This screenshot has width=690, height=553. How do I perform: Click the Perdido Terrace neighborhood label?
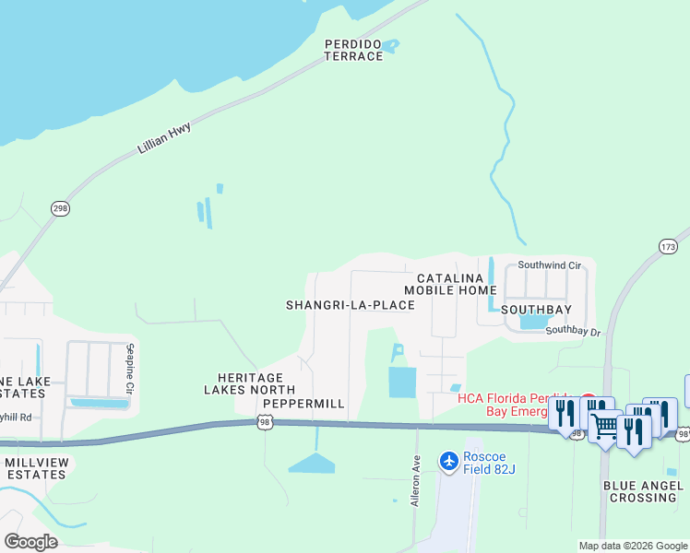pyautogui.click(x=353, y=50)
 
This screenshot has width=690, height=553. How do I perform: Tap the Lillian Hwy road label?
pyautogui.click(x=163, y=137)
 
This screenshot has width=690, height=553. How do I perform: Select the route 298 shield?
pyautogui.click(x=61, y=208)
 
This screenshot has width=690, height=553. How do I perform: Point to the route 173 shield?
pyautogui.click(x=669, y=246)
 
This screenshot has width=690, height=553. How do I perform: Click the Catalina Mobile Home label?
pyautogui.click(x=450, y=284)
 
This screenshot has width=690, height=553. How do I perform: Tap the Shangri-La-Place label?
pyautogui.click(x=350, y=305)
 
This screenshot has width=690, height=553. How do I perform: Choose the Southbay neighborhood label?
pyautogui.click(x=536, y=310)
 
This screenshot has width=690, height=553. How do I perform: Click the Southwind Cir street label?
pyautogui.click(x=550, y=265)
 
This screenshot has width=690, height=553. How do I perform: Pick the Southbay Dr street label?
pyautogui.click(x=572, y=330)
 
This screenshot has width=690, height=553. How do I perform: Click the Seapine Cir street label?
pyautogui.click(x=128, y=369)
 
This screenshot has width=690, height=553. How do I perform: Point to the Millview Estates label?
pyautogui.click(x=35, y=468)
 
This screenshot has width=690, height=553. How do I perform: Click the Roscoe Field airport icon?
pyautogui.click(x=449, y=460)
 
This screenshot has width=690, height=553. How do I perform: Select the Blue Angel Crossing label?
pyautogui.click(x=639, y=491)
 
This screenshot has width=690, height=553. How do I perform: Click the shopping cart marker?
pyautogui.click(x=605, y=427)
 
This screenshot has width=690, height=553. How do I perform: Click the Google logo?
pyautogui.click(x=30, y=542)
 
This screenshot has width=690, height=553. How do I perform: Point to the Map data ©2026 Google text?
pyautogui.click(x=632, y=546)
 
